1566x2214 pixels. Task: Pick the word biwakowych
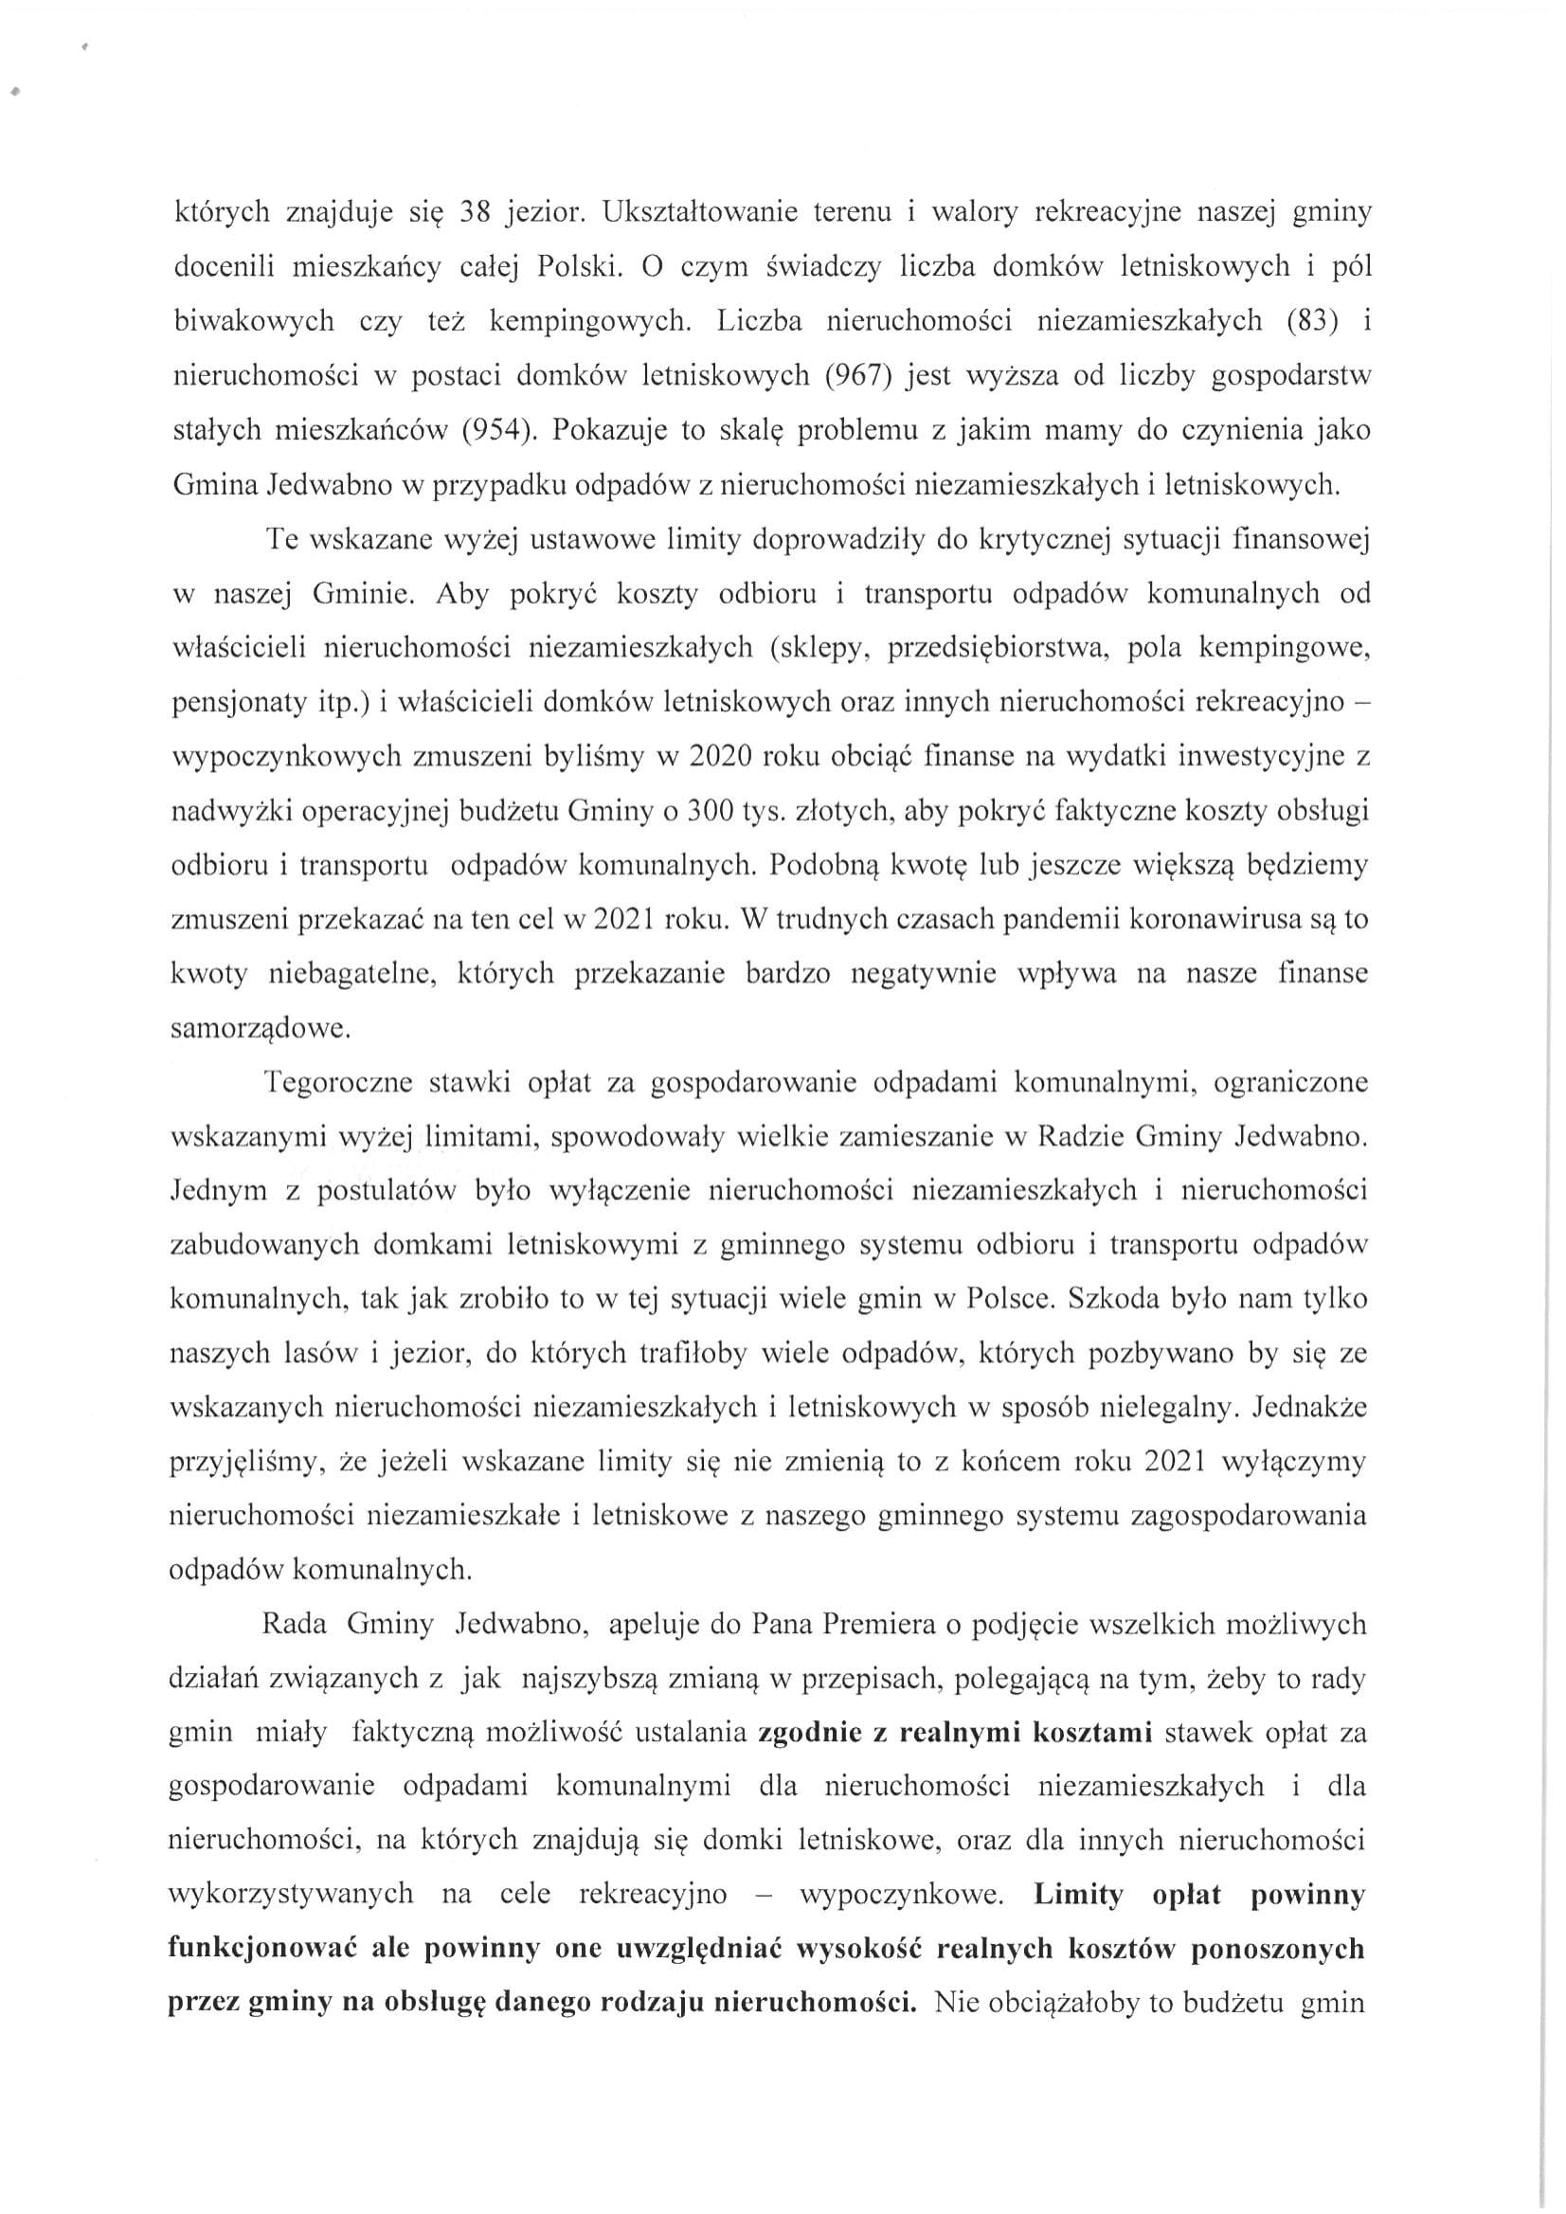253,320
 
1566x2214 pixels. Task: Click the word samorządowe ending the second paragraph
260,1029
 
